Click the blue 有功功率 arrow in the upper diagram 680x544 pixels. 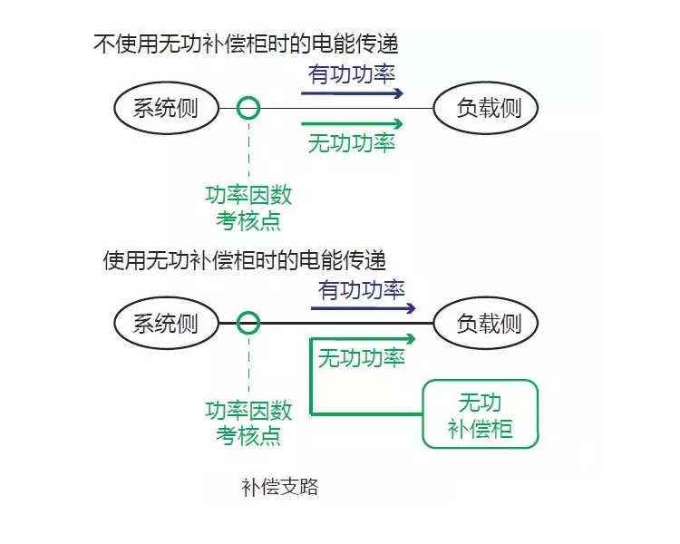click(x=352, y=92)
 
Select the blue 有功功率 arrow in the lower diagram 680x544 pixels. click(x=364, y=308)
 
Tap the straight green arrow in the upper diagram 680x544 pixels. click(x=352, y=123)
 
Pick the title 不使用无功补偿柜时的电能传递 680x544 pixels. click(x=246, y=44)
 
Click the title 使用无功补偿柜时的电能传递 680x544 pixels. click(x=244, y=260)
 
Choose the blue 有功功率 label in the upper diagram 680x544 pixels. click(x=352, y=74)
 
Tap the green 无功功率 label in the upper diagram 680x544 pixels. click(x=352, y=143)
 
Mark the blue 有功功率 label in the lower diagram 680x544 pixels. click(x=362, y=290)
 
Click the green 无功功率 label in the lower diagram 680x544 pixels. click(x=362, y=358)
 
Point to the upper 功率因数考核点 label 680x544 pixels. click(x=248, y=208)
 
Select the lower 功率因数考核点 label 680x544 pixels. click(x=248, y=423)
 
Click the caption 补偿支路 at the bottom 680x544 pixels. click(x=280, y=487)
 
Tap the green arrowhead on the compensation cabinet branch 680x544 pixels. click(x=411, y=339)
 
